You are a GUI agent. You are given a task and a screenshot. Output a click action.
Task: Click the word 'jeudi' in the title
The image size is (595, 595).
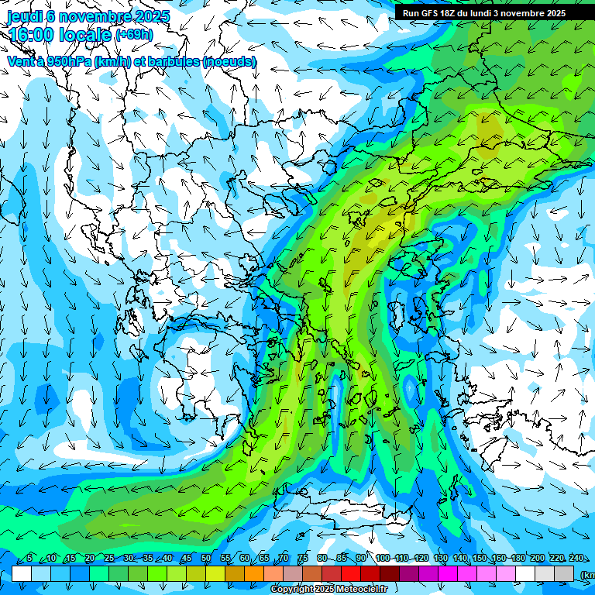(x=24, y=16)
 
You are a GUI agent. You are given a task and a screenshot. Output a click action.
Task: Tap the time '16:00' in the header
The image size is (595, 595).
(x=30, y=34)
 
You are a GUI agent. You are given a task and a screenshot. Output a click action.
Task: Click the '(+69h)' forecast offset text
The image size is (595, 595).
(x=134, y=35)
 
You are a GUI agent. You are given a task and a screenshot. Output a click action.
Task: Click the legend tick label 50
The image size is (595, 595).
(x=206, y=559)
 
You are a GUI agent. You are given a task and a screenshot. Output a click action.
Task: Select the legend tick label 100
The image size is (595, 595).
(x=383, y=559)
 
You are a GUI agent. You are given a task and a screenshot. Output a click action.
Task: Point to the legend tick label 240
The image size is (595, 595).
(x=577, y=559)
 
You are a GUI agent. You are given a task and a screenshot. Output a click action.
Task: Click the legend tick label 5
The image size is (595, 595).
(x=29, y=559)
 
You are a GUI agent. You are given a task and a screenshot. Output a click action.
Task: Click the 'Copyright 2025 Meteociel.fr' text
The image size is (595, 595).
(x=328, y=590)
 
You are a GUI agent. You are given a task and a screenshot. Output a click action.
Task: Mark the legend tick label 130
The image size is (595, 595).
(x=441, y=559)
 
